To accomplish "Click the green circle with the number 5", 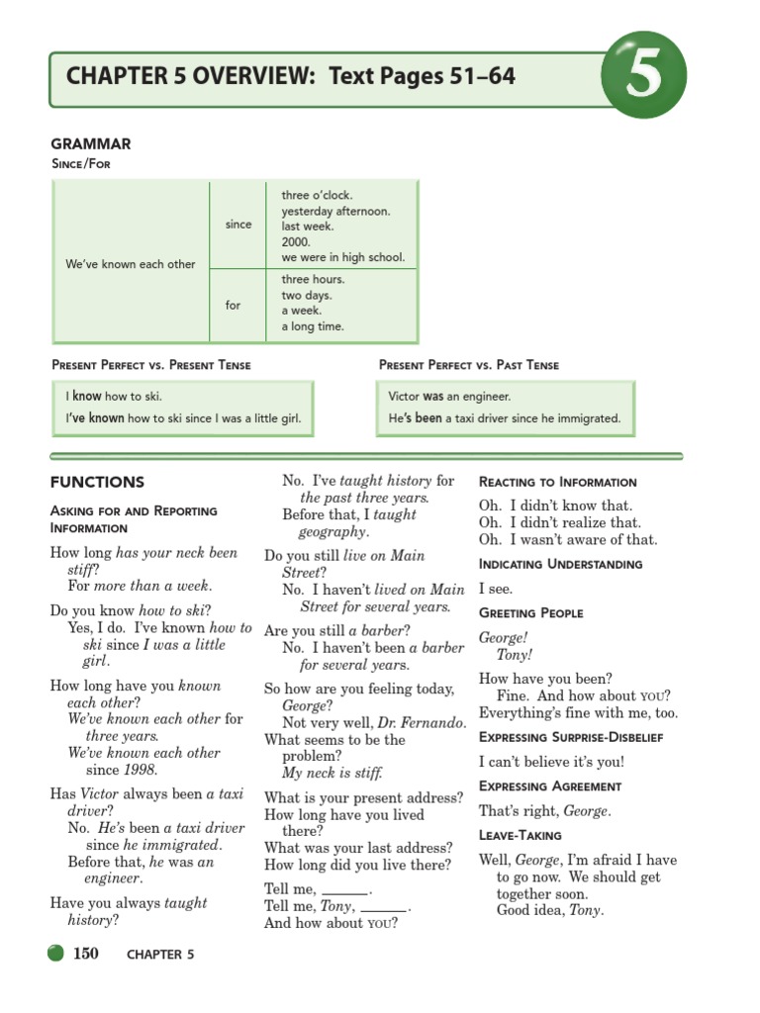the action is pyautogui.click(x=643, y=75).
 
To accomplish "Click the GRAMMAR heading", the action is pyautogui.click(x=91, y=144).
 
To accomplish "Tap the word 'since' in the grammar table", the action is pyautogui.click(x=238, y=225).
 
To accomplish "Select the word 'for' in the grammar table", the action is pyautogui.click(x=233, y=305).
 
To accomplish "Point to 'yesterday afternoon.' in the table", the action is pyautogui.click(x=335, y=211).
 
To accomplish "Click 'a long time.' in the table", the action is pyautogui.click(x=313, y=326).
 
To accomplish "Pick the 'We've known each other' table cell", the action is pyautogui.click(x=131, y=264).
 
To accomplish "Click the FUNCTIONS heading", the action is pyautogui.click(x=97, y=483).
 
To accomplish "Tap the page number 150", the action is pyautogui.click(x=86, y=954).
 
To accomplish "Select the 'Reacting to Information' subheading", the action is pyautogui.click(x=557, y=483).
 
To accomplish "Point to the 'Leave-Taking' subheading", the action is pyautogui.click(x=520, y=836).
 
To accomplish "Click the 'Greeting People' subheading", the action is pyautogui.click(x=530, y=613).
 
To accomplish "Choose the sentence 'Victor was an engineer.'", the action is pyautogui.click(x=449, y=397).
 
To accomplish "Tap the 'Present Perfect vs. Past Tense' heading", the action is pyautogui.click(x=469, y=365).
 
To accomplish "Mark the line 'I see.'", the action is pyautogui.click(x=495, y=589).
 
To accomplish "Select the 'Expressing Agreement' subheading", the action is pyautogui.click(x=550, y=786).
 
